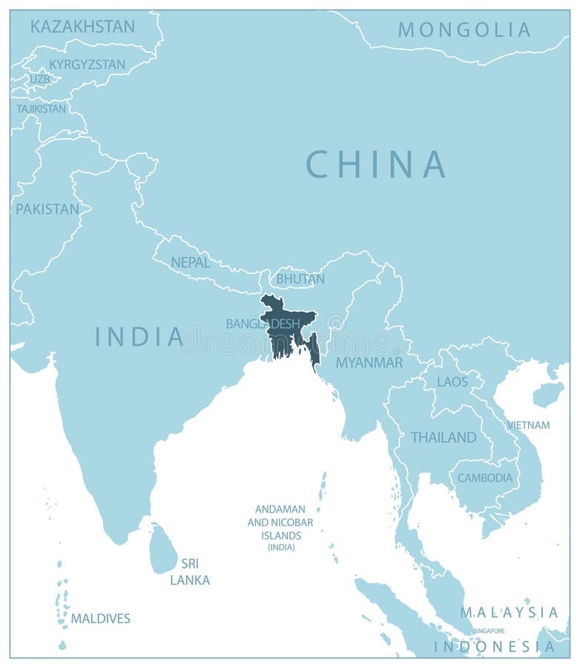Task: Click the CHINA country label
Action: [x=376, y=164]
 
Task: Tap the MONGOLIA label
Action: [x=464, y=30]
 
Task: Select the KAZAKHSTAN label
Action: [x=82, y=27]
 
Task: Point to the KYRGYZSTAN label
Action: [x=87, y=65]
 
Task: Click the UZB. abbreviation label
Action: [x=40, y=79]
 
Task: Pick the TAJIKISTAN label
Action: [x=42, y=108]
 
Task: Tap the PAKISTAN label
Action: [x=47, y=209]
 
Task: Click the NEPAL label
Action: [x=191, y=262]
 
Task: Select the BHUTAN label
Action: [x=300, y=279]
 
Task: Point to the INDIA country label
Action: [x=139, y=337]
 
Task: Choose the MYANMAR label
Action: [x=369, y=363]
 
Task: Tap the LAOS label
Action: [x=452, y=382]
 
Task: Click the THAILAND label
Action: [x=444, y=437]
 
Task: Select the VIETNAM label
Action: [x=528, y=425]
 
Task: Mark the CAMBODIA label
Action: [x=485, y=478]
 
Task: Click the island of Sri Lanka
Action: [x=163, y=550]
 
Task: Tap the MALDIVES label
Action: [x=100, y=618]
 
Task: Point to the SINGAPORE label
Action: [x=489, y=631]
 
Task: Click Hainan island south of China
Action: [x=548, y=394]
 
